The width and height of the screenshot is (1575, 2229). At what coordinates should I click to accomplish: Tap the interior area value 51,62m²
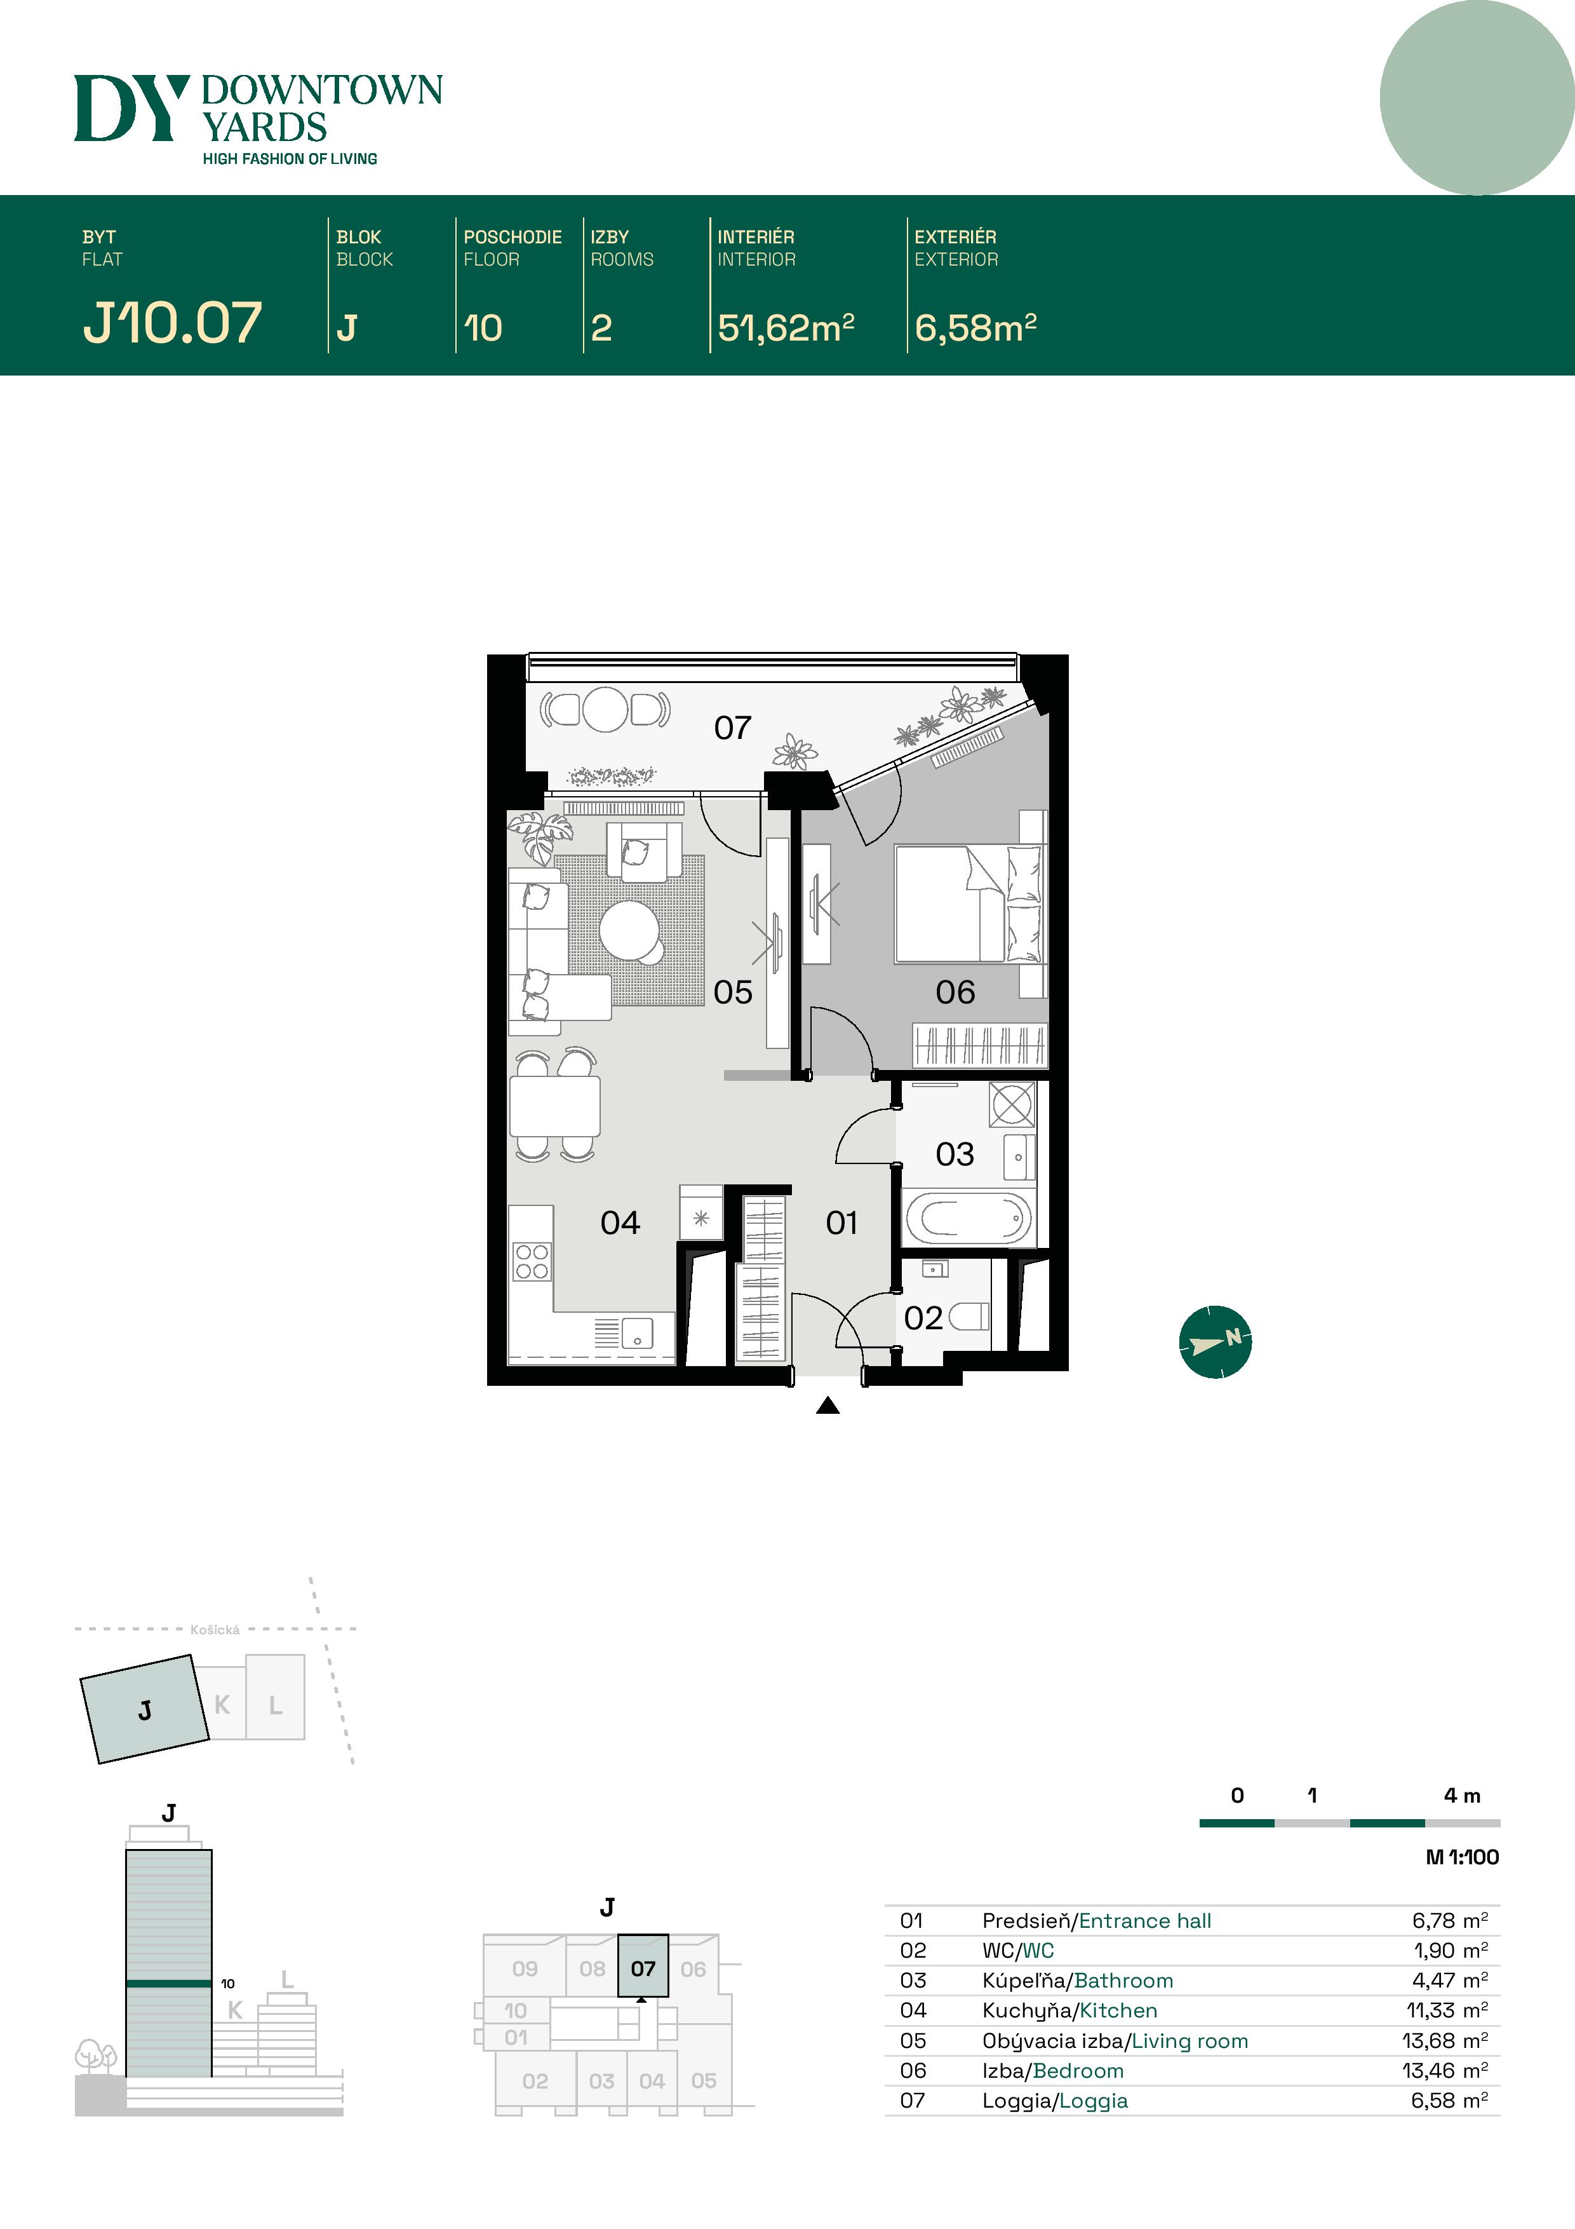(785, 328)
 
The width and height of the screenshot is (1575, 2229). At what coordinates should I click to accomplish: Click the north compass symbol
(1215, 1342)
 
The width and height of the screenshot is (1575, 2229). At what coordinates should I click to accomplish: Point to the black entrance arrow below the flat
(828, 1405)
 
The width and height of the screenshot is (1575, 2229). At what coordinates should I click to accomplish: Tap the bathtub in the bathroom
(967, 1218)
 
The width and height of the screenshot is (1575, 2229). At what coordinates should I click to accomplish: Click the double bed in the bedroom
(967, 904)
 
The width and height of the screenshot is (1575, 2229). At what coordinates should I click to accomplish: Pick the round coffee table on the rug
(629, 929)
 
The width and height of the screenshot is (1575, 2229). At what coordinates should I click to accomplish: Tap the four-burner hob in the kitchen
(532, 1261)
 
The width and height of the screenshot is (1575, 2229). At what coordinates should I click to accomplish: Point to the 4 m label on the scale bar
(1461, 1795)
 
